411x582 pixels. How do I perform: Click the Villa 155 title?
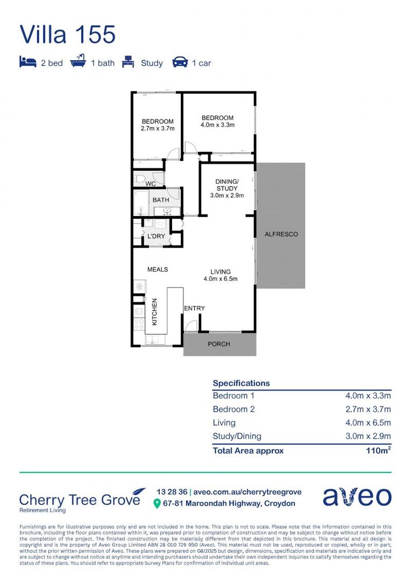(x=68, y=34)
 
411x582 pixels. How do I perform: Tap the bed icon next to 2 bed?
(x=27, y=63)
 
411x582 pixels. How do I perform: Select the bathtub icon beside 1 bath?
(x=79, y=63)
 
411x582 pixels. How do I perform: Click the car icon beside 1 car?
(x=180, y=63)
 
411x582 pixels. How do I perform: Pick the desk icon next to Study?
(x=128, y=63)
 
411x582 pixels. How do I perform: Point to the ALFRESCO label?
(x=281, y=234)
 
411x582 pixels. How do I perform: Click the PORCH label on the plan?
(x=219, y=344)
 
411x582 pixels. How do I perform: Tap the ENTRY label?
(x=194, y=308)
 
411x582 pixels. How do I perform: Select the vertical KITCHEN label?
(x=154, y=311)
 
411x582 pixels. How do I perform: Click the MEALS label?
(x=158, y=269)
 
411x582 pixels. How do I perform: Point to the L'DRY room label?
(x=156, y=237)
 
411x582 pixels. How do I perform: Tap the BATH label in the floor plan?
(x=161, y=200)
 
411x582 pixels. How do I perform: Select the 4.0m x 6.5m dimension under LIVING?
(x=221, y=279)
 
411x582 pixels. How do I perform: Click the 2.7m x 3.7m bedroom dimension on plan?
(x=158, y=129)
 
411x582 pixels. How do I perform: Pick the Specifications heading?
(x=241, y=383)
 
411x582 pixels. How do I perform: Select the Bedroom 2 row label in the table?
(x=233, y=409)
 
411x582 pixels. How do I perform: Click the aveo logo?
(x=357, y=496)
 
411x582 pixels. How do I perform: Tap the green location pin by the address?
(x=157, y=504)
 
